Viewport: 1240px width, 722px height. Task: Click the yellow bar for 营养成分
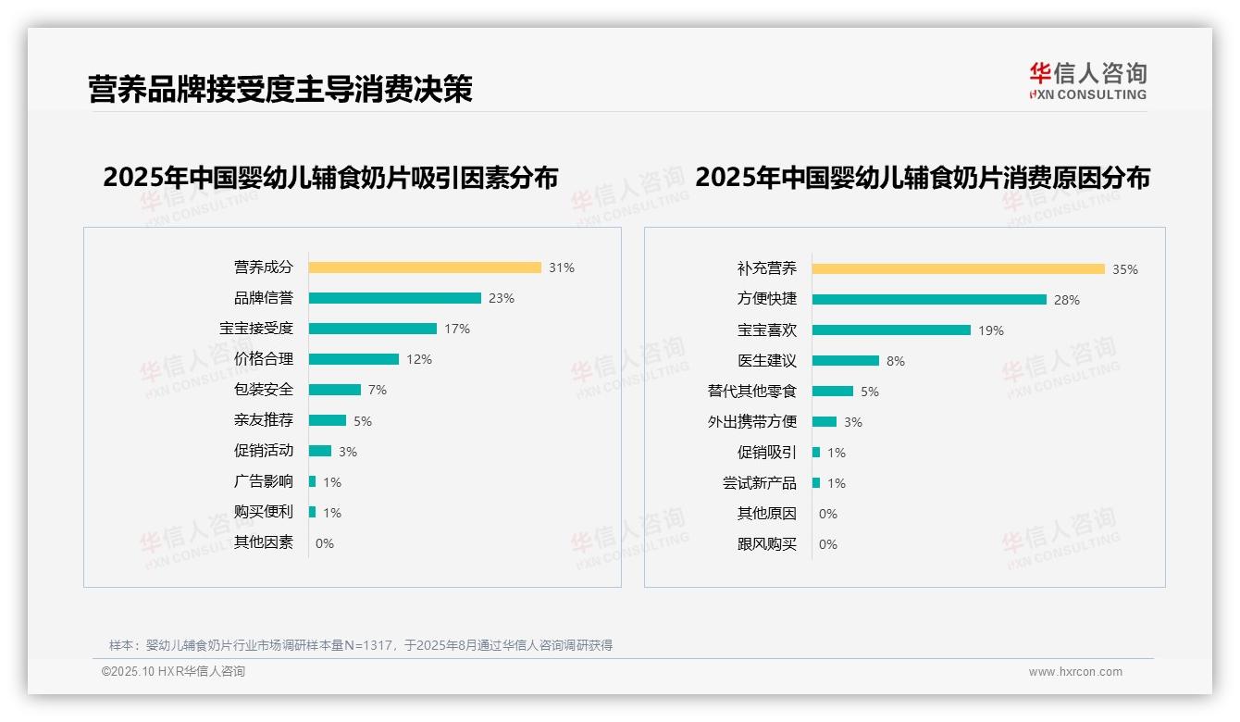tap(425, 268)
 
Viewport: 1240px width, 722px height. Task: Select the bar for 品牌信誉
tap(395, 298)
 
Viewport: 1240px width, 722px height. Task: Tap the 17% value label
tap(457, 329)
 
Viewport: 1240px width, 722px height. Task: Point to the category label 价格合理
tap(264, 359)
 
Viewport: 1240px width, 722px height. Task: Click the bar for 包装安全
tap(335, 390)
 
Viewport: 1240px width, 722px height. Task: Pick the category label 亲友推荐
tap(264, 420)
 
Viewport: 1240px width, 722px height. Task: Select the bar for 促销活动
tap(320, 451)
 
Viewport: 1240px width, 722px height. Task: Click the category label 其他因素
tap(264, 542)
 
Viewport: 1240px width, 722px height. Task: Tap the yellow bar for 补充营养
tap(959, 269)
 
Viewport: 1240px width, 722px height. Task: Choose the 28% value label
tap(1067, 300)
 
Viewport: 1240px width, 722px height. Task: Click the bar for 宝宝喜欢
tap(892, 330)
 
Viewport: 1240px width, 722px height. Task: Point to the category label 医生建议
tap(767, 361)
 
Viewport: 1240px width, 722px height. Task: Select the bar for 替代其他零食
tap(833, 392)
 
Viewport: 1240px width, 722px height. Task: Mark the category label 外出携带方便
tap(752, 422)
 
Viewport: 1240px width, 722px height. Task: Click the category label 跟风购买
tap(767, 544)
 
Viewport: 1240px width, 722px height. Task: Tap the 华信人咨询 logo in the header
tap(1087, 81)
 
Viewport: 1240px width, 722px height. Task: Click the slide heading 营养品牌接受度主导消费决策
tap(280, 89)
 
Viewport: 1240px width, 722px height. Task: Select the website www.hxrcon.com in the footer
tap(1075, 672)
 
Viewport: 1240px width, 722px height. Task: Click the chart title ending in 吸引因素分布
tap(330, 178)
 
